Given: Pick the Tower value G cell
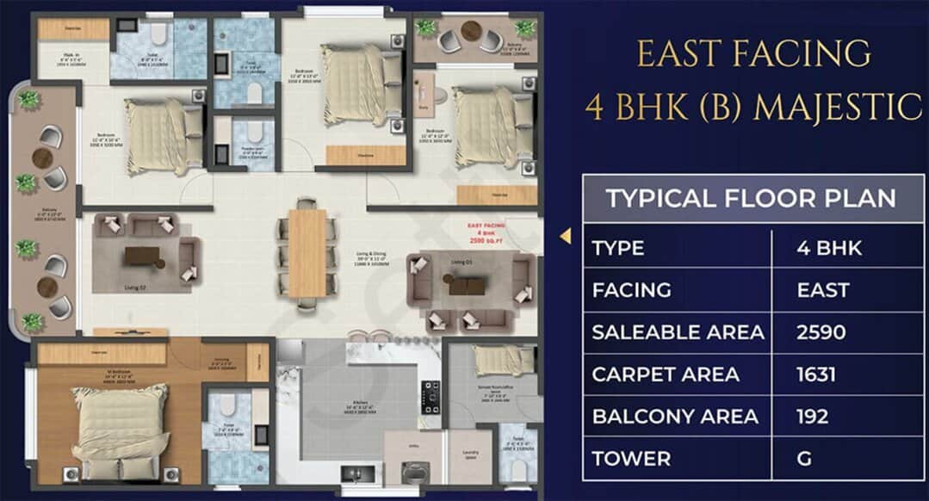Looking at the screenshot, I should (804, 458).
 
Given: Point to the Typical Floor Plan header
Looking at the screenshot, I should (750, 198).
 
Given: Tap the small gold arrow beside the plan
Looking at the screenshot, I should (566, 235).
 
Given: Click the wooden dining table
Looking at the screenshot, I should (307, 253).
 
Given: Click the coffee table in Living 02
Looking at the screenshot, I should (142, 256).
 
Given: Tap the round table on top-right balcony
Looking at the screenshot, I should (470, 32).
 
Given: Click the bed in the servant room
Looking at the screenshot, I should (504, 359).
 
